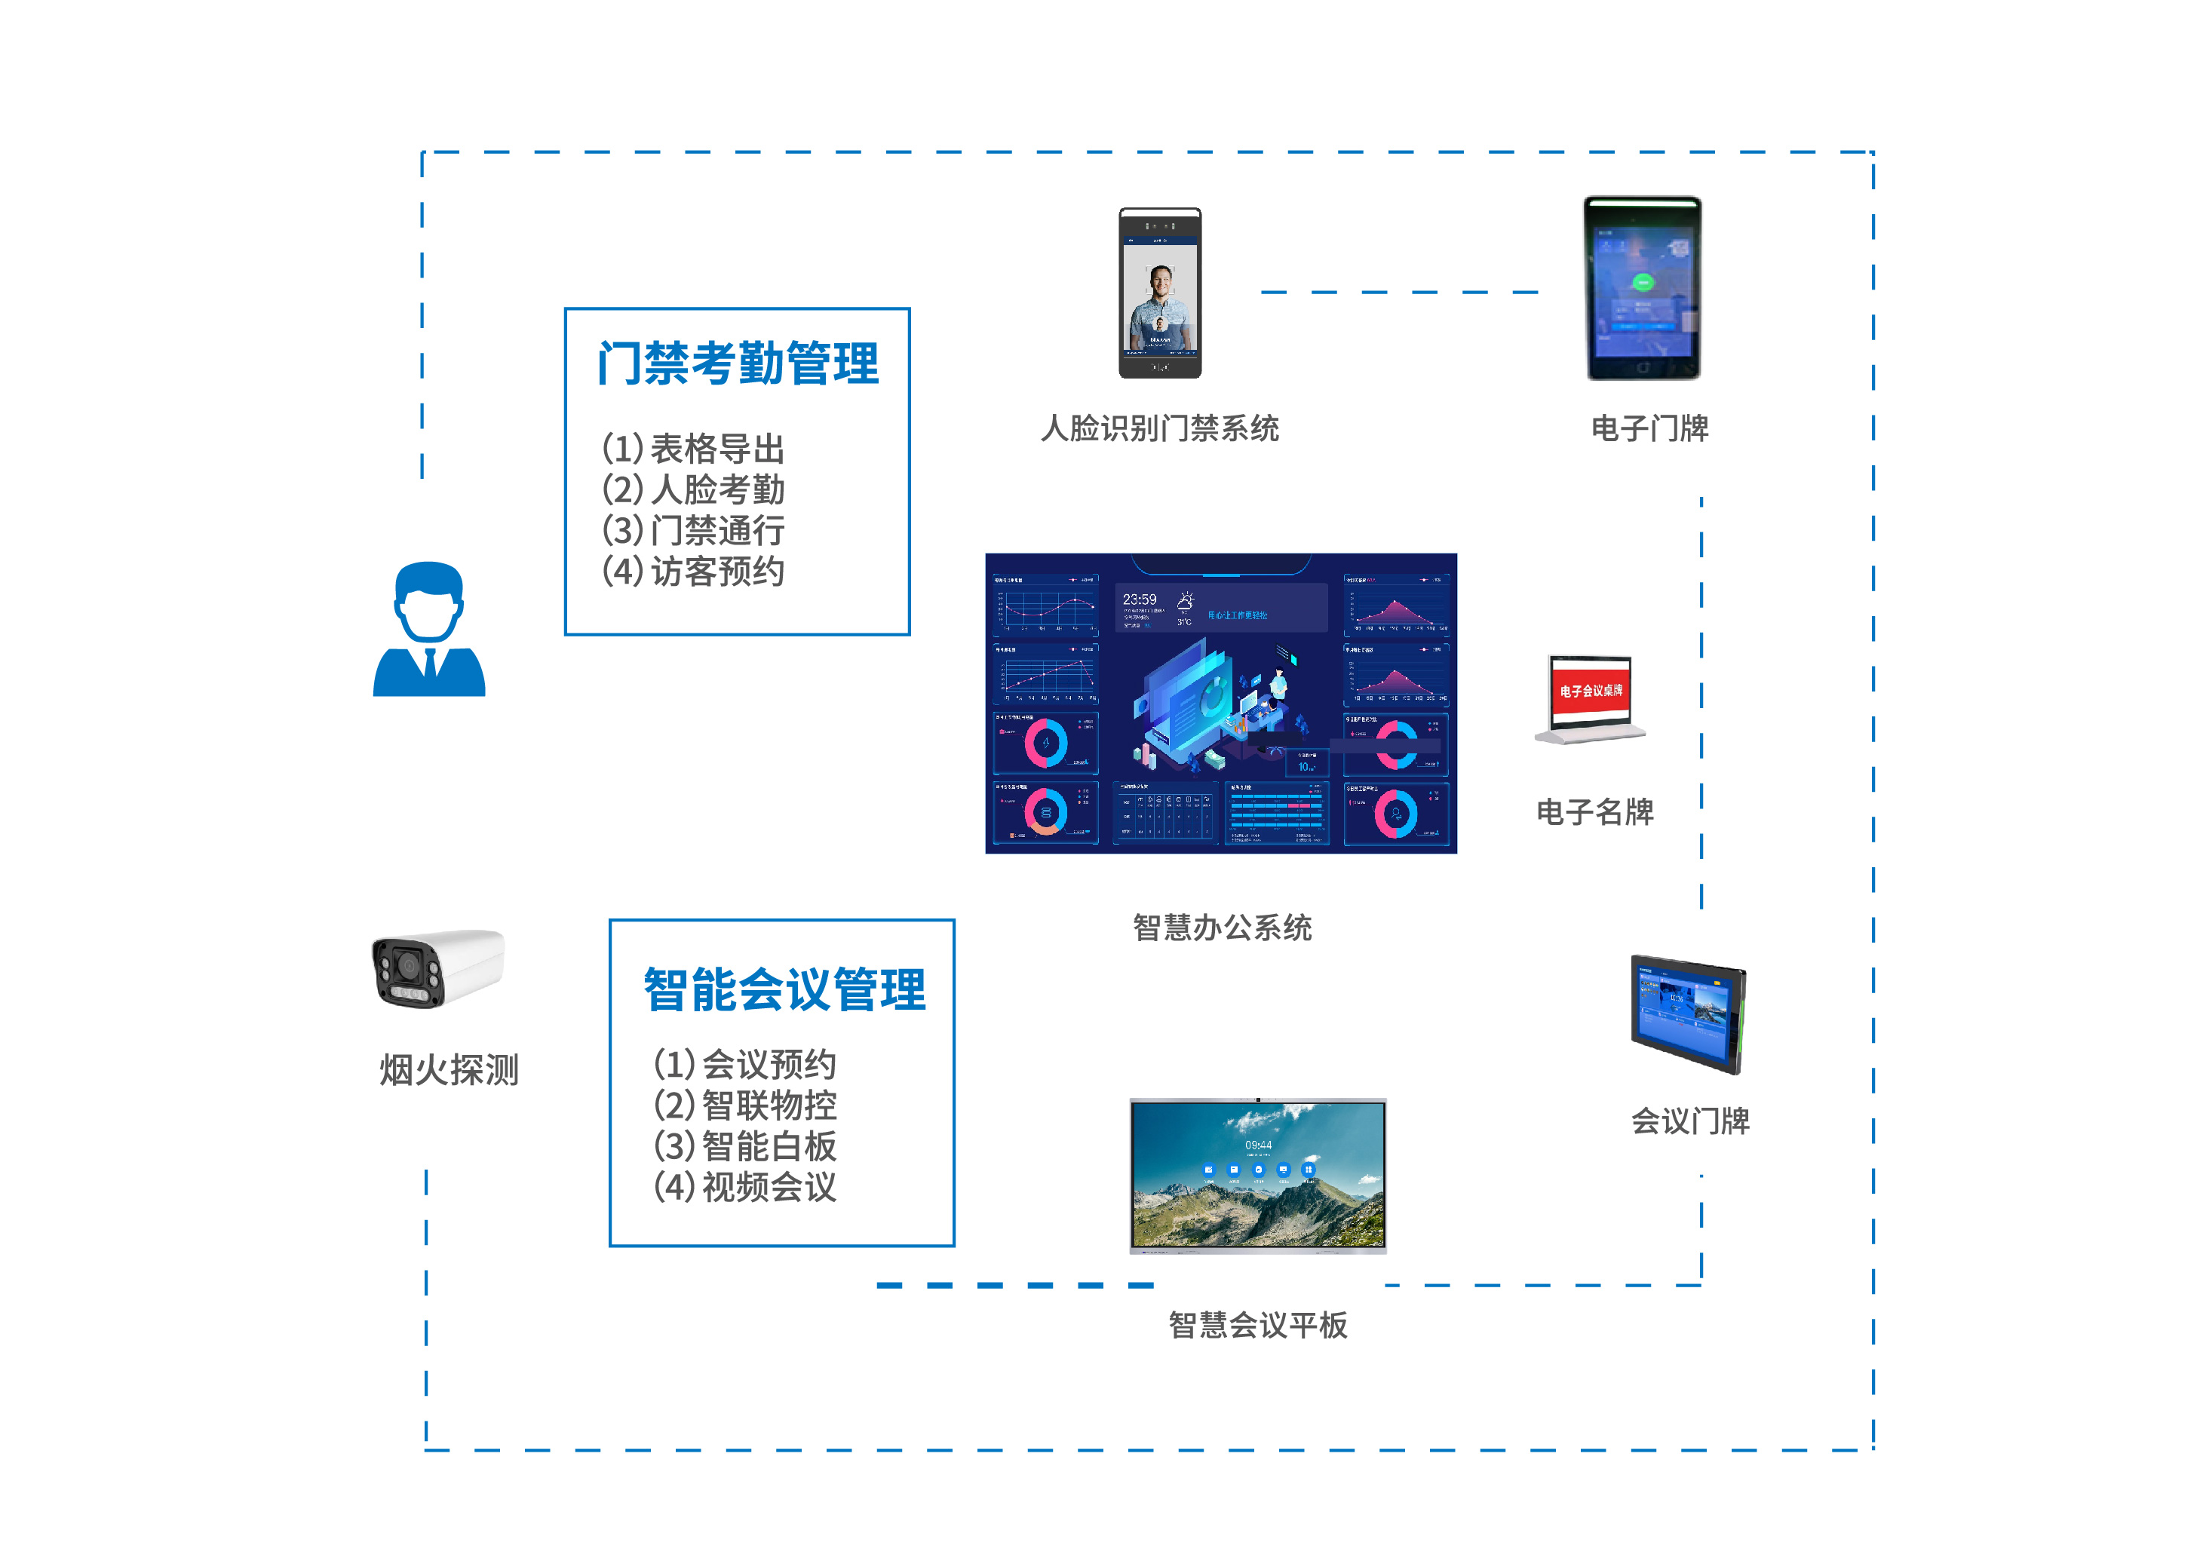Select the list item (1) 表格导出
coord(693,449)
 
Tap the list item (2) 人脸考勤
coord(693,489)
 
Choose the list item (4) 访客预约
coord(693,571)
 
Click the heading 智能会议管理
coord(784,990)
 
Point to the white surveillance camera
coord(438,967)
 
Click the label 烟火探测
coord(449,1069)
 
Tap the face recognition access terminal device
coord(1160,293)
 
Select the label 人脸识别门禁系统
coord(1159,428)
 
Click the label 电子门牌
coord(1649,428)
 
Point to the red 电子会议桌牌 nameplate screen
coord(1590,691)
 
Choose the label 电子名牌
coord(1594,811)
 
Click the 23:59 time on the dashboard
coord(1139,600)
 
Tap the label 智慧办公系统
coord(1222,928)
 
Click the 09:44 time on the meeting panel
coord(1257,1145)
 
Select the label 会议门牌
coord(1689,1121)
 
